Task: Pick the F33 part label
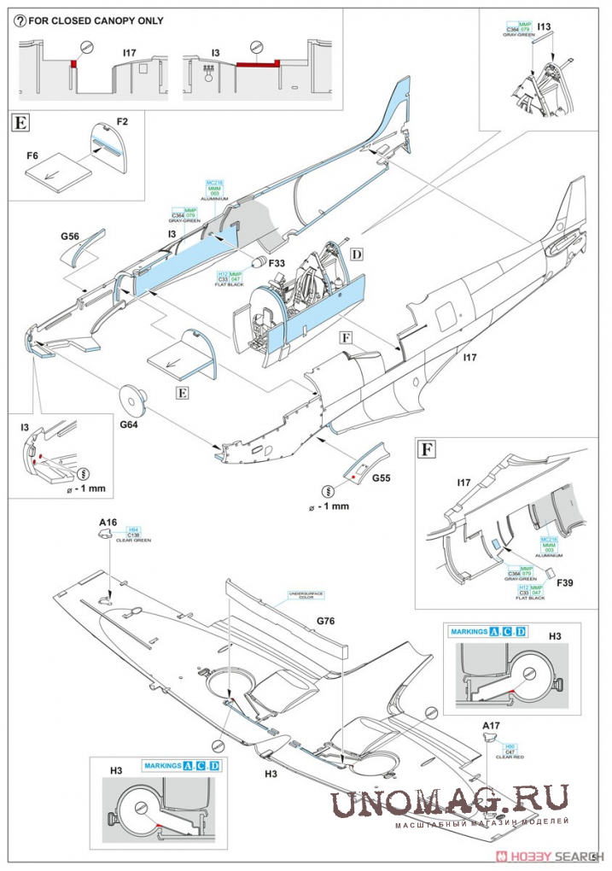tap(277, 264)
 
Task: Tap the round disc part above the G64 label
tap(131, 398)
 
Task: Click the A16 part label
tap(108, 520)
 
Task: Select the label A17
tap(490, 726)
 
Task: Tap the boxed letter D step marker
tap(357, 254)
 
